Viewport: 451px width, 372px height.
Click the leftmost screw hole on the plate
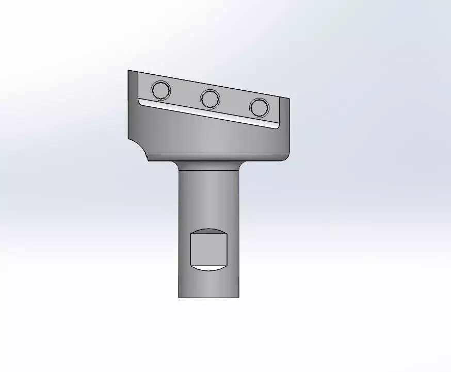click(161, 90)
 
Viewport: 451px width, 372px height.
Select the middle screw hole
click(211, 98)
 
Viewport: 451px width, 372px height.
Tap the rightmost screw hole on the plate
click(259, 107)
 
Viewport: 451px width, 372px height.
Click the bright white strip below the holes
click(206, 113)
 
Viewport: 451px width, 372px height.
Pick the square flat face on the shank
click(208, 249)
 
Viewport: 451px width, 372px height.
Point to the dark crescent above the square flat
click(208, 231)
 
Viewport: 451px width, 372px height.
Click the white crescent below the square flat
click(208, 268)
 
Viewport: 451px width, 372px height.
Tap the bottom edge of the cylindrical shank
click(208, 297)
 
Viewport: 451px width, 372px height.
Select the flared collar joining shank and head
click(208, 165)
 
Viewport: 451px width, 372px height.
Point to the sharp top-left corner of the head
click(128, 71)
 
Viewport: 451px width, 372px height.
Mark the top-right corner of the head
click(288, 98)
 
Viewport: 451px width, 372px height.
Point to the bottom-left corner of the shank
click(179, 297)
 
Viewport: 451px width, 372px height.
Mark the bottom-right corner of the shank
click(238, 297)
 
